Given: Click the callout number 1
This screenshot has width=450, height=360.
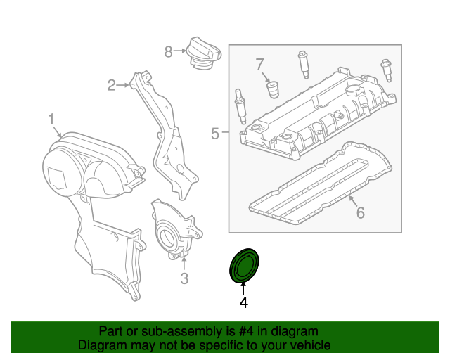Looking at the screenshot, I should click(51, 120).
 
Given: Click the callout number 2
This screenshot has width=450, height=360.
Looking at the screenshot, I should click(111, 86).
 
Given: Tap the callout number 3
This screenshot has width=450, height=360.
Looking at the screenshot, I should click(184, 279).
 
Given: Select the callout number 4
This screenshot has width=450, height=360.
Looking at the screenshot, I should click(243, 303).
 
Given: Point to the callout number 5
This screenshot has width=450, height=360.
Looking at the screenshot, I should click(215, 131).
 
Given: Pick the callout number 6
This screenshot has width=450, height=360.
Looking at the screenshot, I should click(359, 212).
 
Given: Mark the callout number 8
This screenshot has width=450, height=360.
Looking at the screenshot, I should click(169, 51).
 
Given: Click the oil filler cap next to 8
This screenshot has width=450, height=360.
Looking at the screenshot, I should click(203, 56).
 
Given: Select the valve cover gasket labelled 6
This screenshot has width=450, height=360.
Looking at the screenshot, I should click(320, 183).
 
